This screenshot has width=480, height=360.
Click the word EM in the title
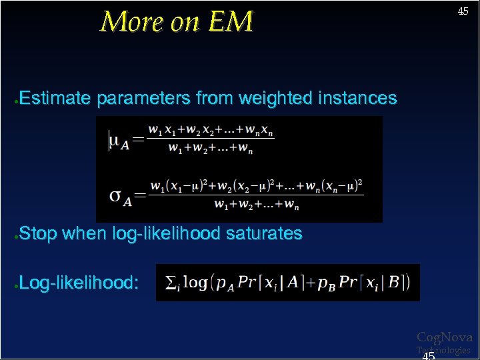pyautogui.click(x=231, y=22)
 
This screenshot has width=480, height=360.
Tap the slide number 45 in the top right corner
pyautogui.click(x=463, y=11)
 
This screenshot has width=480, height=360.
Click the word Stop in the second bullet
pyautogui.click(x=38, y=234)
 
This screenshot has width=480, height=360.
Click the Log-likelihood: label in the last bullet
pyautogui.click(x=79, y=283)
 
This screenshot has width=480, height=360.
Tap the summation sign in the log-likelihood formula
pyautogui.click(x=170, y=283)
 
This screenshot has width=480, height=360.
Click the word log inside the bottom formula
pyautogui.click(x=195, y=283)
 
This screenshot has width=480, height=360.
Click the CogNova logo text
pyautogui.click(x=444, y=337)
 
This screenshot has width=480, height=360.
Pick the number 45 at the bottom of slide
pyautogui.click(x=429, y=355)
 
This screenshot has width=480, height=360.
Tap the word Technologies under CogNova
pyautogui.click(x=444, y=350)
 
